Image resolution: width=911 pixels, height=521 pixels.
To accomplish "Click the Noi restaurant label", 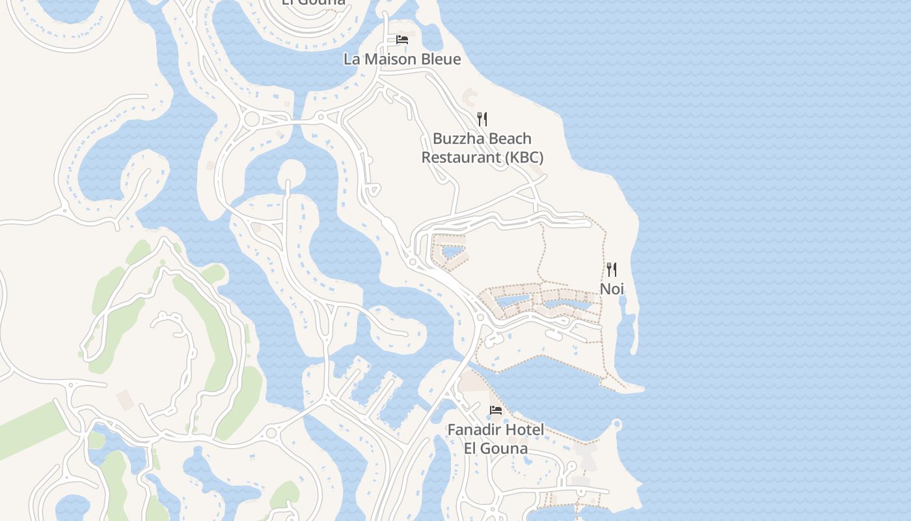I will [x=612, y=289].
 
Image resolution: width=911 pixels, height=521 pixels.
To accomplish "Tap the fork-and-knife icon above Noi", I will [x=612, y=269].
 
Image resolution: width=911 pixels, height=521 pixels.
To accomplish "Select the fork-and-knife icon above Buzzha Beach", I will [x=482, y=119].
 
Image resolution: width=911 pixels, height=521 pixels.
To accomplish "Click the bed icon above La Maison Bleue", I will [x=402, y=40].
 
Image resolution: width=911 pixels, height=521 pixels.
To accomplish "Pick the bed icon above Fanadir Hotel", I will [x=496, y=410].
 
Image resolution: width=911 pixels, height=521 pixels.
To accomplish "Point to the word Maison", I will [x=396, y=59].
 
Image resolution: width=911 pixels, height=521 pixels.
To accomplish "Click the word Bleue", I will [x=442, y=59].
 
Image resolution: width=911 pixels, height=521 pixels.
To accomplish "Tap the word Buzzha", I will [x=459, y=139].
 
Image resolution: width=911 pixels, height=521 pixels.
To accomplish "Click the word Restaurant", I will [x=461, y=157].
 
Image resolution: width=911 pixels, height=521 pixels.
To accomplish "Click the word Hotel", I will [x=528, y=430].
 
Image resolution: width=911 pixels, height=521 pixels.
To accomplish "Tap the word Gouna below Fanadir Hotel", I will [x=505, y=448].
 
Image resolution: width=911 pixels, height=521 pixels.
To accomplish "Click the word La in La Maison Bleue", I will [x=352, y=59].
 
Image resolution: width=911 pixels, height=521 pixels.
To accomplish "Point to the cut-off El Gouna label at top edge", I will [x=313, y=3].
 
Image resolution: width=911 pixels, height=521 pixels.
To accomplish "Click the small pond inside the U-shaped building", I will [x=453, y=251].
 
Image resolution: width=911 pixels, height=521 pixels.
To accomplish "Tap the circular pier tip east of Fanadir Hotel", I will [x=617, y=425].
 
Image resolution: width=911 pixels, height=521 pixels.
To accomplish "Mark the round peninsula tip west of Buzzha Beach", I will [x=291, y=172].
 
